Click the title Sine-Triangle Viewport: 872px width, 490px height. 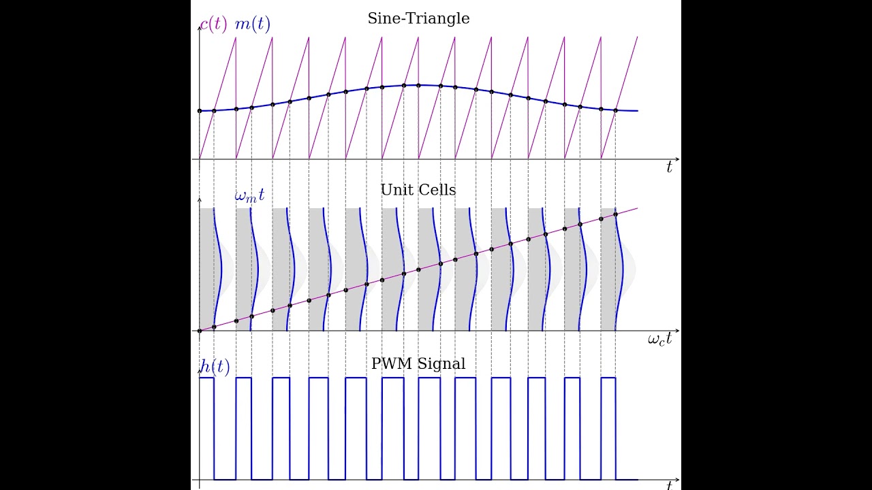click(x=418, y=18)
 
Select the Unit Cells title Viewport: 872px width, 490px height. click(x=418, y=190)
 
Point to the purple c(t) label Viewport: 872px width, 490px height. click(x=213, y=24)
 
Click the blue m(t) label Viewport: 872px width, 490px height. click(x=252, y=24)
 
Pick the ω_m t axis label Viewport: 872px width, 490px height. click(x=249, y=196)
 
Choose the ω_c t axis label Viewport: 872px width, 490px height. click(x=659, y=339)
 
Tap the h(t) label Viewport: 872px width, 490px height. click(x=215, y=366)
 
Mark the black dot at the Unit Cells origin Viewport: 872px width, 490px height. click(x=200, y=331)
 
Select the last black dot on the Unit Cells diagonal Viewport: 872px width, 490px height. click(x=616, y=214)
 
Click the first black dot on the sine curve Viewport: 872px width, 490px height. click(x=200, y=110)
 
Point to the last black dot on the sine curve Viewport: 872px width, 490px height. click(x=616, y=110)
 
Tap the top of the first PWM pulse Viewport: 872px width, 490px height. click(x=206, y=377)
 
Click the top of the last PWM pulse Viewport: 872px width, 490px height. click(x=608, y=377)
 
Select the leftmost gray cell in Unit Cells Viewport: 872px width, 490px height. click(x=206, y=272)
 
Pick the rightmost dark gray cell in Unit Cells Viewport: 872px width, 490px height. click(x=608, y=272)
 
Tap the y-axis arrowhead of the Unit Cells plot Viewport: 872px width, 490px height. click(x=200, y=200)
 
